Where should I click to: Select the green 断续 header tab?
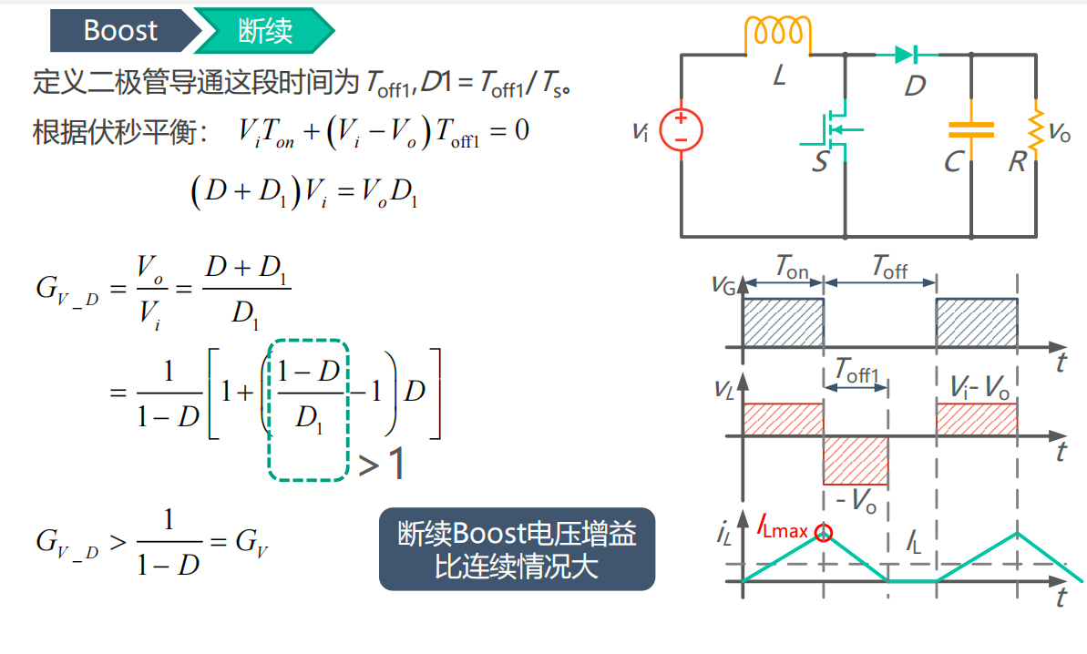265,30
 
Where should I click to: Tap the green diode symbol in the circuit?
907,54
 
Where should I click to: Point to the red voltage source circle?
681,130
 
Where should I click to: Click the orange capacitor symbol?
971,130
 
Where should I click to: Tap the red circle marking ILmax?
823,533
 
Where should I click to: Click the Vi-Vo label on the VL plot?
979,388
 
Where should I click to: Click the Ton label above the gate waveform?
792,267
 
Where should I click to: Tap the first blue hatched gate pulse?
784,322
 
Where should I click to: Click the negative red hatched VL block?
856,461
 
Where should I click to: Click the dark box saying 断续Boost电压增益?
518,549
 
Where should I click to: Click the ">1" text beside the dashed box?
381,464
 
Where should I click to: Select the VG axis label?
723,285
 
